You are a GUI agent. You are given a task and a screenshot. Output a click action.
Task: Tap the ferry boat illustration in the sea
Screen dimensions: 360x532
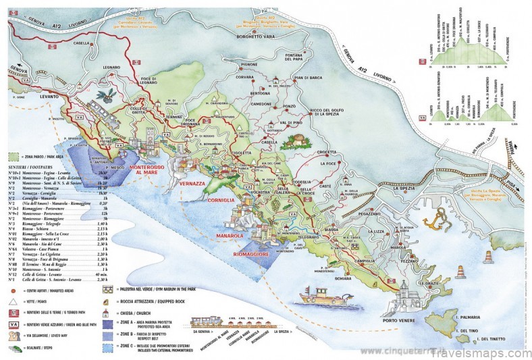322,296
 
